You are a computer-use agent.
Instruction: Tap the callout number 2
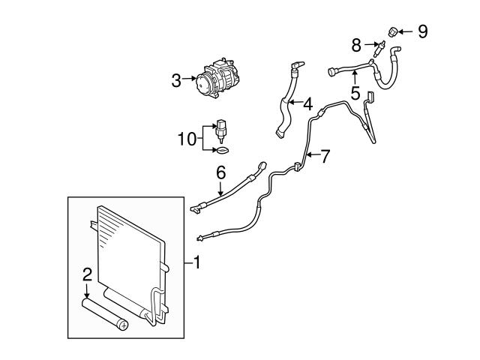(x=87, y=274)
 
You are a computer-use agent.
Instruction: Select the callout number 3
(x=176, y=79)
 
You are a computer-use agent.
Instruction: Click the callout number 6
(x=221, y=172)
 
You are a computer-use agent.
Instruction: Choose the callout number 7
(x=325, y=157)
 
